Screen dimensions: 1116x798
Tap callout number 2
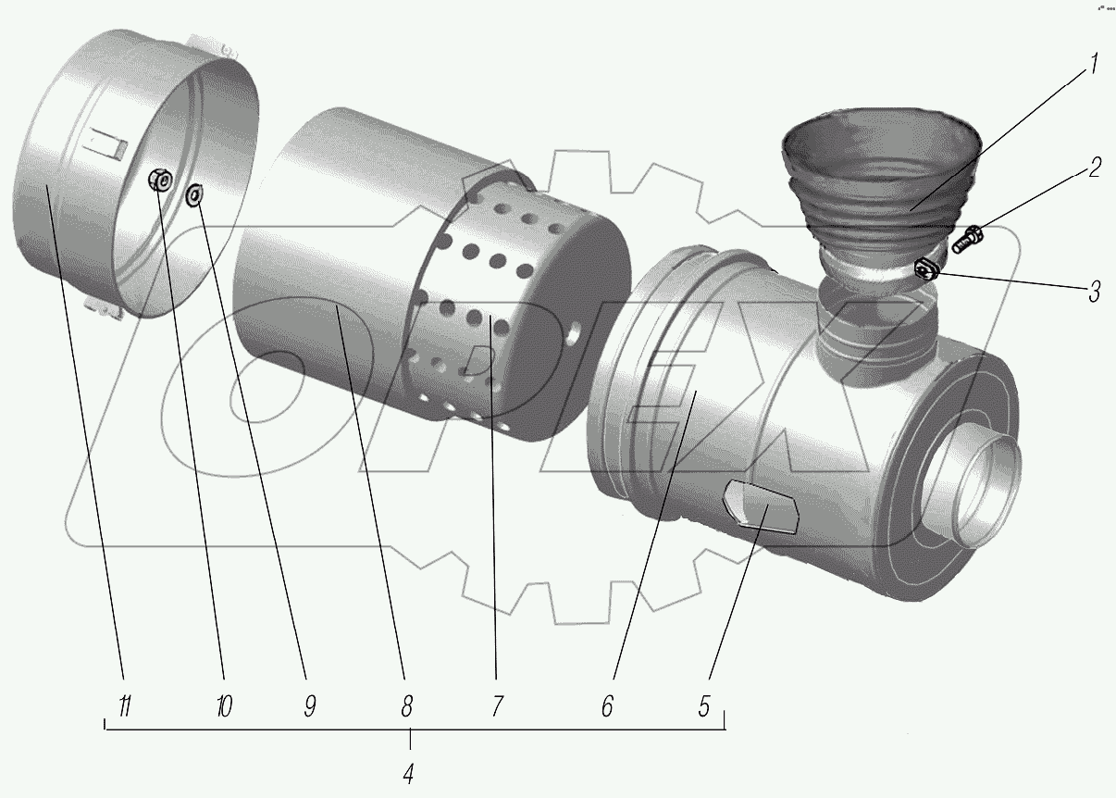[x=1094, y=168]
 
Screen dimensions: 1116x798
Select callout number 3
[x=1094, y=292]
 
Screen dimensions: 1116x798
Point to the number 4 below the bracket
[x=408, y=774]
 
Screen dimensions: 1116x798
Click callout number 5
[x=704, y=706]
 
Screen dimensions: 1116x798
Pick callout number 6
[x=607, y=706]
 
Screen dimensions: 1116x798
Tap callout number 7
[x=497, y=706]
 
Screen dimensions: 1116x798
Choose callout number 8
[x=406, y=706]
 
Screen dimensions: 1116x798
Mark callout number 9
[x=309, y=706]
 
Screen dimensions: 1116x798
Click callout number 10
[x=224, y=706]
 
